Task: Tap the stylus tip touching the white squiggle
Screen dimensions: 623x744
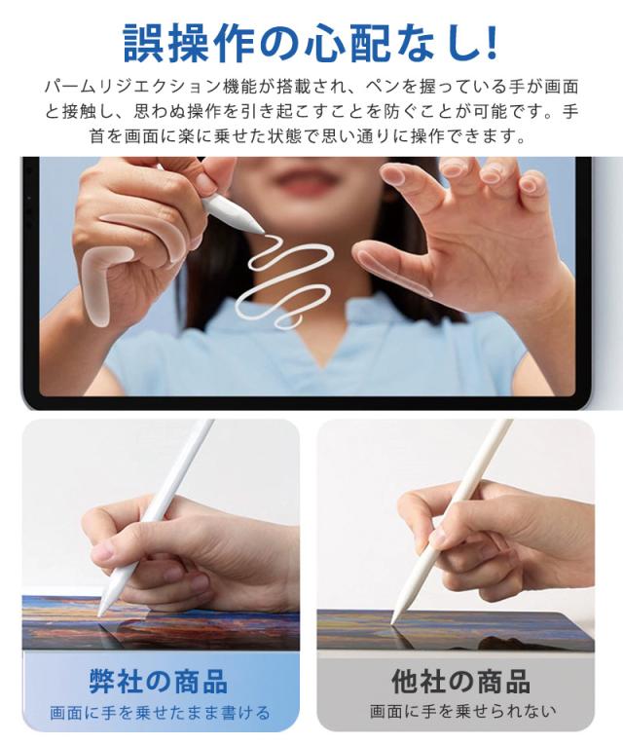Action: tap(262, 230)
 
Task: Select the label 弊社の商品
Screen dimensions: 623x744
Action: tap(159, 681)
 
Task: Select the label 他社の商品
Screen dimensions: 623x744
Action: tap(460, 681)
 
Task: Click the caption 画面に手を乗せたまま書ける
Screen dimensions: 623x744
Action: tap(160, 713)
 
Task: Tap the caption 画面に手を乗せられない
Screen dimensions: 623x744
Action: tap(462, 711)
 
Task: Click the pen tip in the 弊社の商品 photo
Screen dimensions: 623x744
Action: tap(100, 614)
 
